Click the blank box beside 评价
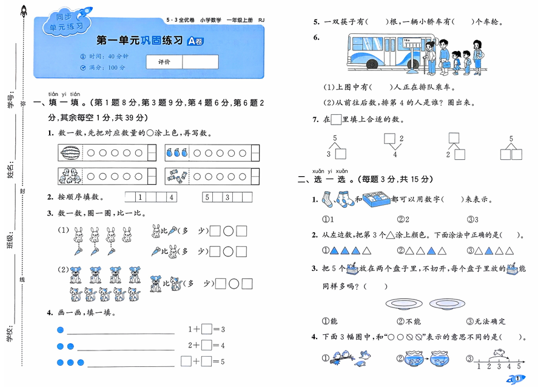[200, 62]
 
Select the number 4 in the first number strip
[171, 197]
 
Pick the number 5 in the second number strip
[207, 197]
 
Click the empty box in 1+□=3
[207, 329]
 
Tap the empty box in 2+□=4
[207, 345]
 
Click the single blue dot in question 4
[59, 330]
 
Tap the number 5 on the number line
[519, 366]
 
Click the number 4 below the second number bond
[395, 154]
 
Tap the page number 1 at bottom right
[517, 380]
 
